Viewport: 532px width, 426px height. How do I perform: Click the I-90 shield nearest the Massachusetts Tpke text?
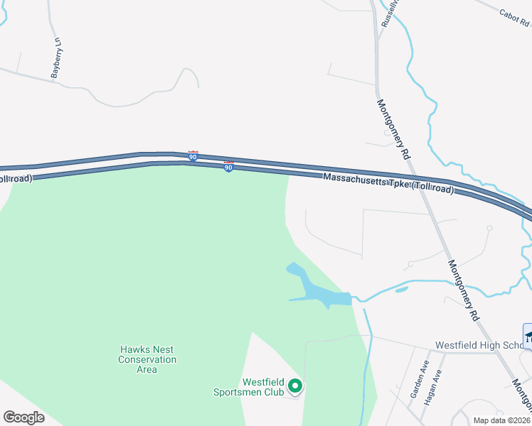tap(228, 167)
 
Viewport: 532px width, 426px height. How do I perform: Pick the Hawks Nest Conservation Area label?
tap(147, 359)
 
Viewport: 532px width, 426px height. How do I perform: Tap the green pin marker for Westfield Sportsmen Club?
tap(294, 387)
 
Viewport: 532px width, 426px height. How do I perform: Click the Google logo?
tap(23, 417)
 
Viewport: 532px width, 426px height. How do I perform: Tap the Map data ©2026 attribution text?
tap(501, 420)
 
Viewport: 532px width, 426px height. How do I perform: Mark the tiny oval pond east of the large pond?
tap(401, 290)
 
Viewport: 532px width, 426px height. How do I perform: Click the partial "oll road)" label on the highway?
tap(16, 178)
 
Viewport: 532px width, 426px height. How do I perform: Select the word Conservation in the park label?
tap(147, 359)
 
